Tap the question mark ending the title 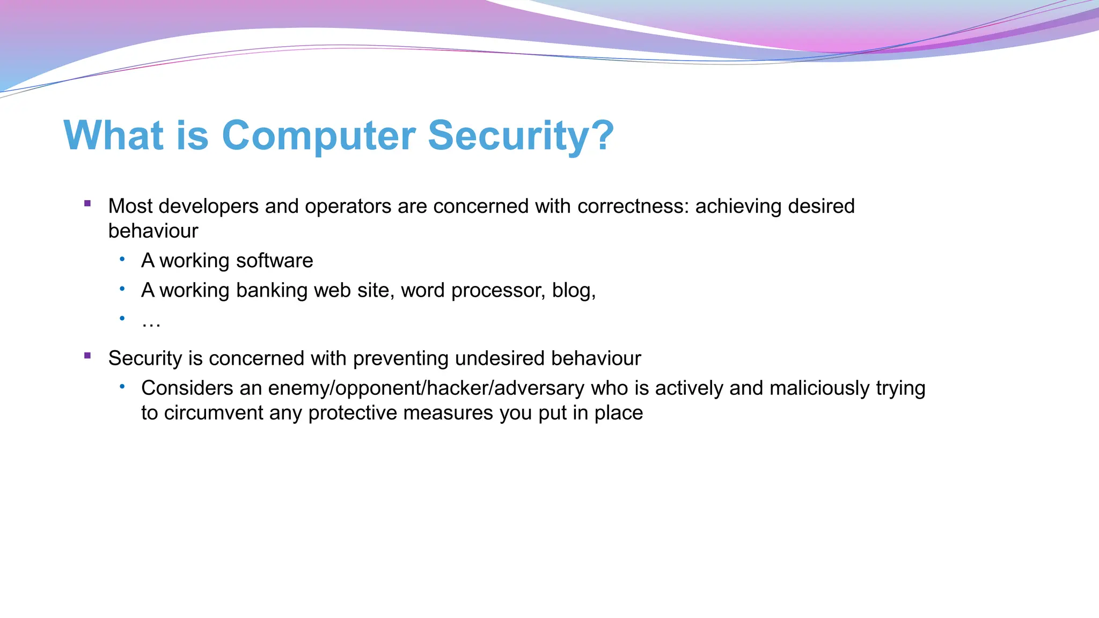tap(604, 135)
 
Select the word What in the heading tap(113, 135)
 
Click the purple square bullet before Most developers tap(87, 203)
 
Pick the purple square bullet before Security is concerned tap(87, 355)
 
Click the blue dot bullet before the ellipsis tap(122, 319)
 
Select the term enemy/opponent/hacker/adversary tap(426, 388)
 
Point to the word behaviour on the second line tap(153, 231)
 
